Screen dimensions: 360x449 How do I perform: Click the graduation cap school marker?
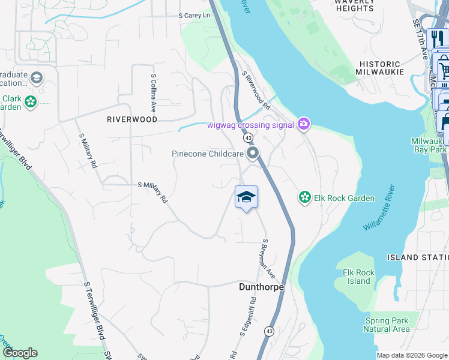click(x=246, y=197)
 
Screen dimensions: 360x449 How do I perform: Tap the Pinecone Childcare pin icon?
click(x=253, y=154)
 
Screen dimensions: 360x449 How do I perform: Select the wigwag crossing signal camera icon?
click(x=304, y=124)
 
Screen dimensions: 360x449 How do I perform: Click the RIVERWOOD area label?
click(x=132, y=119)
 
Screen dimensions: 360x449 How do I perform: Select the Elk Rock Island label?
click(x=358, y=277)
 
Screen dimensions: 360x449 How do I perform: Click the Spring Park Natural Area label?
click(x=387, y=325)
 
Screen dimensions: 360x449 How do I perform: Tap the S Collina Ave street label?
click(x=154, y=94)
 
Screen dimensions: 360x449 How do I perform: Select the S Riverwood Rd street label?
click(x=256, y=91)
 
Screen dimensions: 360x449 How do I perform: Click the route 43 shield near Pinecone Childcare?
click(x=247, y=138)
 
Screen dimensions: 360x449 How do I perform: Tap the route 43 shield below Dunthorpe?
click(x=270, y=331)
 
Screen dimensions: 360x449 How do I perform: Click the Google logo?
click(x=20, y=353)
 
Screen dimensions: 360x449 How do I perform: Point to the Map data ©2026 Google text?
click(x=412, y=355)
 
